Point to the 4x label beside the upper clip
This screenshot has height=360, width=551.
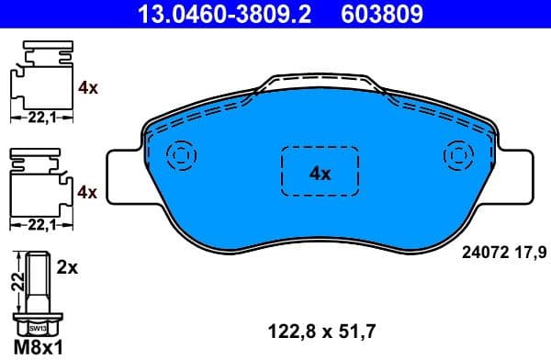click(x=88, y=88)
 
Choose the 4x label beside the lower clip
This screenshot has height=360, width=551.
click(x=88, y=192)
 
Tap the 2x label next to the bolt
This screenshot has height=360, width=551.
click(x=66, y=268)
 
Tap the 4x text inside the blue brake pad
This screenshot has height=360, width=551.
click(x=319, y=172)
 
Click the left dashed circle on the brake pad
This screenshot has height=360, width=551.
click(x=180, y=155)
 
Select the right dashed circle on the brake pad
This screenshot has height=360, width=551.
click(x=456, y=155)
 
